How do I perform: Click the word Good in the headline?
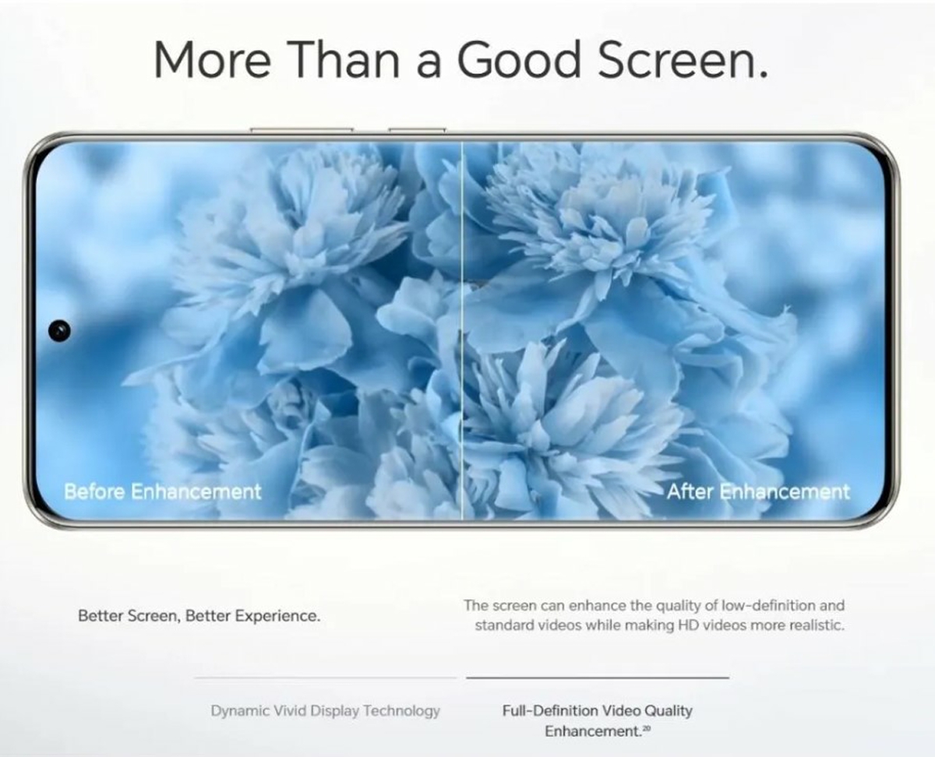click(518, 60)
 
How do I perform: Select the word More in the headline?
click(212, 60)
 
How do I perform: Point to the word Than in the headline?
click(344, 60)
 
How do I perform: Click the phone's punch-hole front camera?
click(59, 330)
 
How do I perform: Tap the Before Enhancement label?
click(162, 491)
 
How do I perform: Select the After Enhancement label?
click(759, 491)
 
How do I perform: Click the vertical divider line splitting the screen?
click(462, 330)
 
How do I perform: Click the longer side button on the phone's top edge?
click(302, 130)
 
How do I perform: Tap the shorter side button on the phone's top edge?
click(417, 130)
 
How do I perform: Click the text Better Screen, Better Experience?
click(199, 616)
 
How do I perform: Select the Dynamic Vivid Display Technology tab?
click(325, 710)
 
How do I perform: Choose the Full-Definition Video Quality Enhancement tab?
click(597, 721)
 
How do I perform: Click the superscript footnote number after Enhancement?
click(646, 727)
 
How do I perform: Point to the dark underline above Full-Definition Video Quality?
click(598, 678)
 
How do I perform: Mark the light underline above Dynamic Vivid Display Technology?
click(325, 678)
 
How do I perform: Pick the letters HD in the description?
click(688, 625)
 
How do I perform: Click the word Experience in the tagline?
click(278, 617)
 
